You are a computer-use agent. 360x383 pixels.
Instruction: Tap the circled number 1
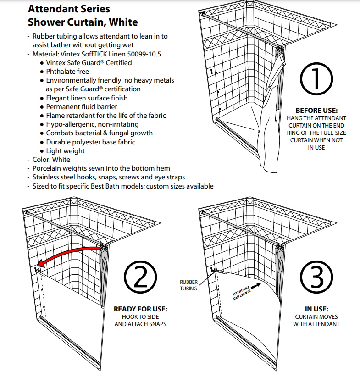tap(316, 80)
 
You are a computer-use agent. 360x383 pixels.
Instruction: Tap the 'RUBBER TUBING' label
tap(188, 285)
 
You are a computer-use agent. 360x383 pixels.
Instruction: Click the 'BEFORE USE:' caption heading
tap(316, 111)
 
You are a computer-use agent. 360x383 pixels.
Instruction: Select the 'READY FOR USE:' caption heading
tap(140, 309)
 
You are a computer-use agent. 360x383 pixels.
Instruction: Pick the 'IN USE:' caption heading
tap(316, 309)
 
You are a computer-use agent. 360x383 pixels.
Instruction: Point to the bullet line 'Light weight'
tap(66, 151)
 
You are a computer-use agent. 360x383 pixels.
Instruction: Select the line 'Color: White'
tap(51, 160)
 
